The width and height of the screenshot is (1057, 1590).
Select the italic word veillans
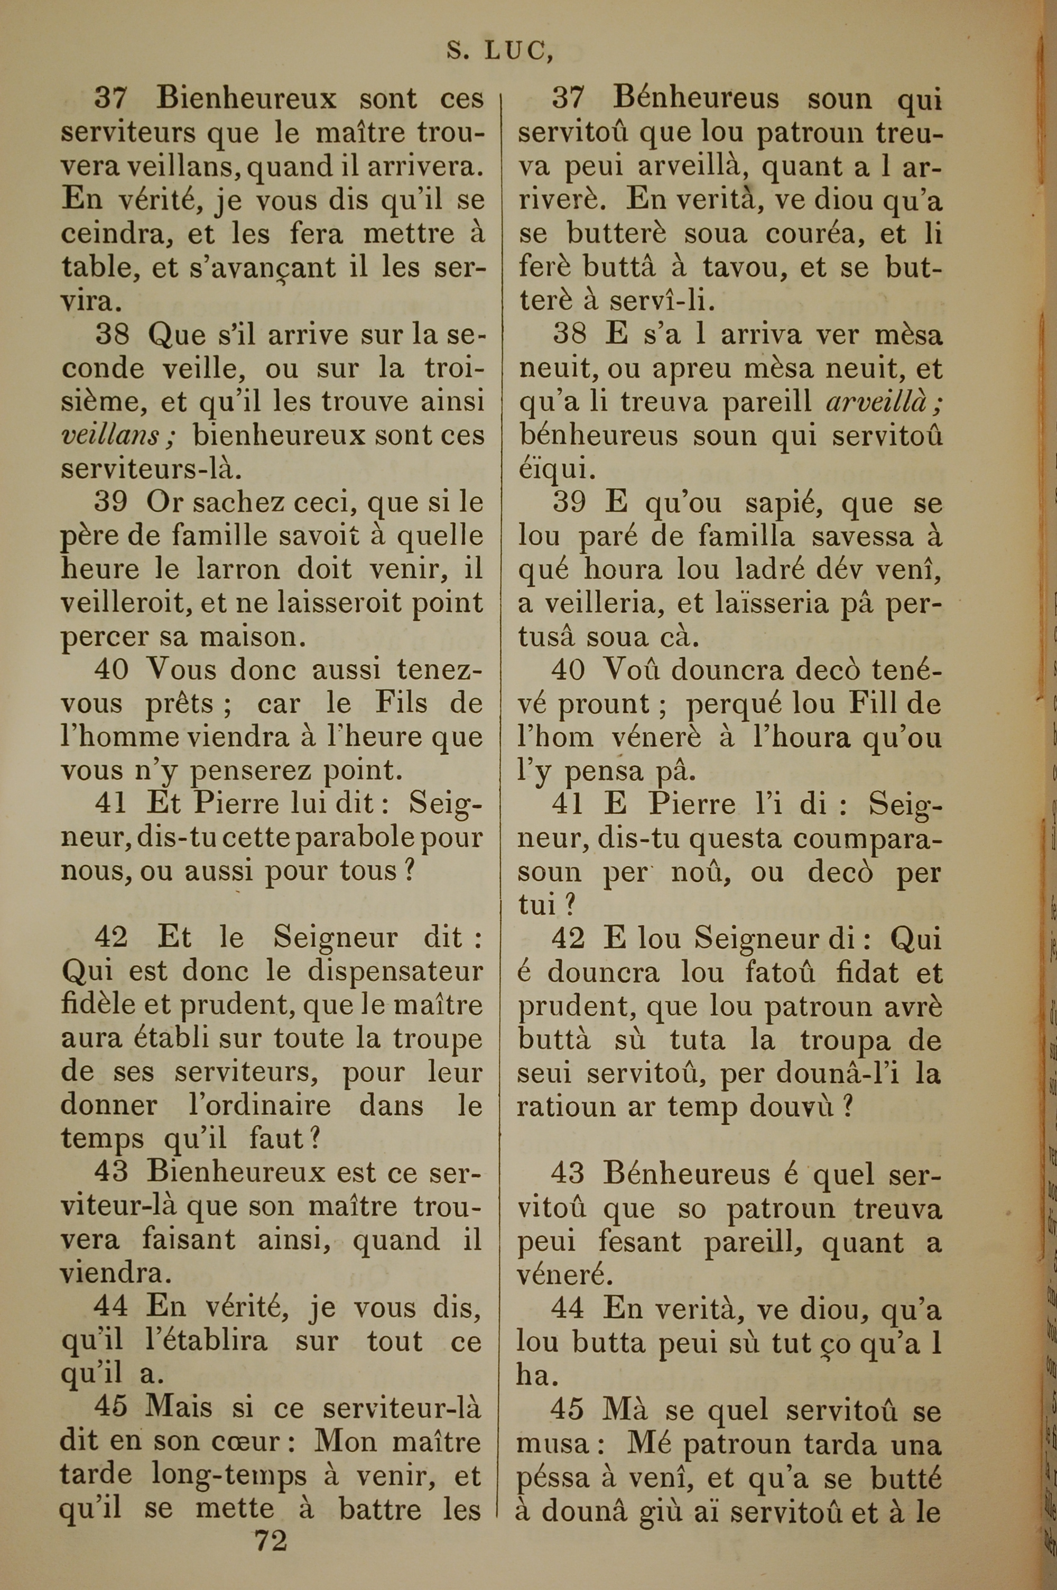[x=110, y=436]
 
